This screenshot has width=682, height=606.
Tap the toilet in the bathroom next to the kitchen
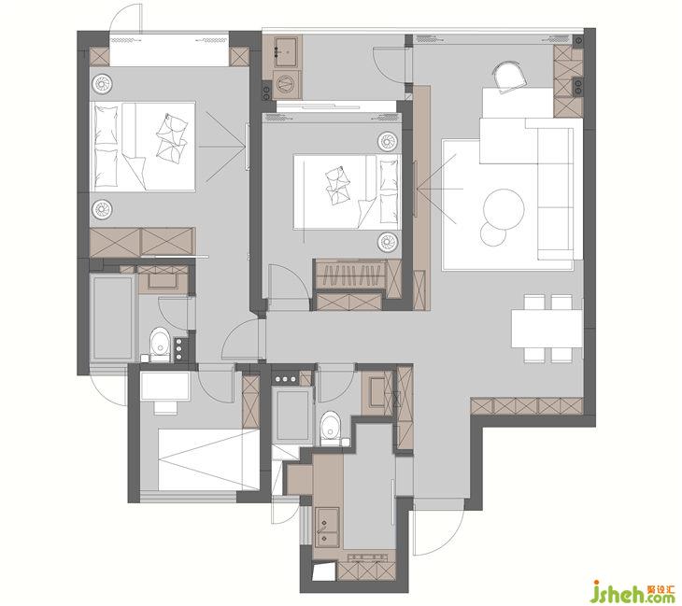click(330, 429)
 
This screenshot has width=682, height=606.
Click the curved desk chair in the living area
click(510, 77)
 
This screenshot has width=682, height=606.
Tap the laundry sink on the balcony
click(286, 51)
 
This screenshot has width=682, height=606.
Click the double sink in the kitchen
click(326, 528)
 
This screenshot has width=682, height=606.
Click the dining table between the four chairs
click(547, 329)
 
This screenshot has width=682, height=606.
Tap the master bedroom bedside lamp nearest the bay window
click(102, 82)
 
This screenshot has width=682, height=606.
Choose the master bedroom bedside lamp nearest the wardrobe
click(102, 209)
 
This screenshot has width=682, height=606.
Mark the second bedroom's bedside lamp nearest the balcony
click(388, 141)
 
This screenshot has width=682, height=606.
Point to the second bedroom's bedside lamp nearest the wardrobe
click(388, 242)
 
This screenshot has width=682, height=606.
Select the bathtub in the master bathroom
click(113, 317)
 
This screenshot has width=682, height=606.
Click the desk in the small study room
click(164, 386)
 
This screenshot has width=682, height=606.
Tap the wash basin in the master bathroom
click(163, 281)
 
